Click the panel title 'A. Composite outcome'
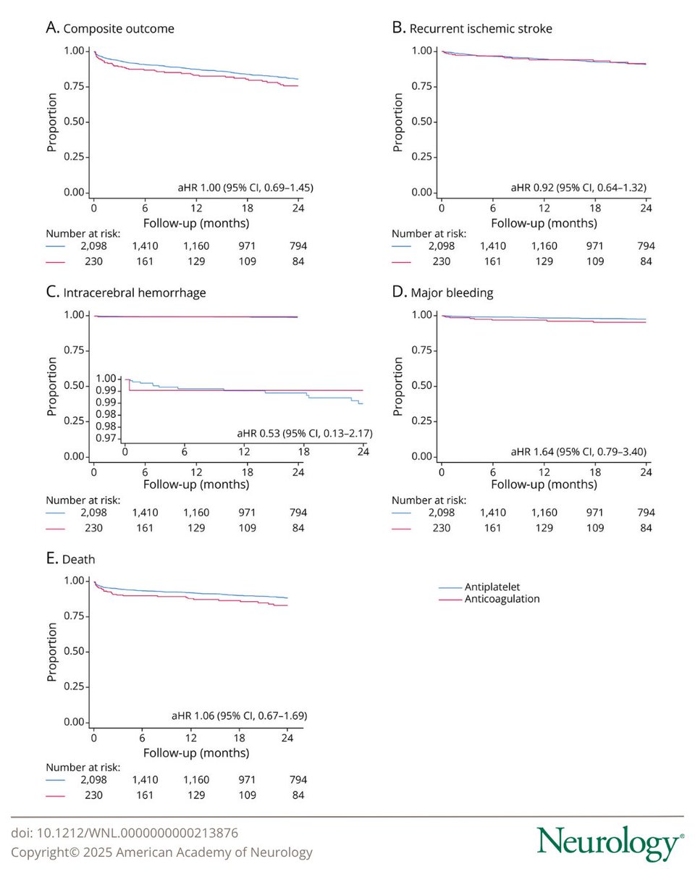[x=110, y=29]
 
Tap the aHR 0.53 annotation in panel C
[x=310, y=433]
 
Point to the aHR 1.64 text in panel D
[x=578, y=452]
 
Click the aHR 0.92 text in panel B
[x=578, y=187]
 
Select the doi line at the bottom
[x=125, y=833]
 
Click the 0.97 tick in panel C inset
[x=107, y=438]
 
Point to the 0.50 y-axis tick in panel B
[x=421, y=122]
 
